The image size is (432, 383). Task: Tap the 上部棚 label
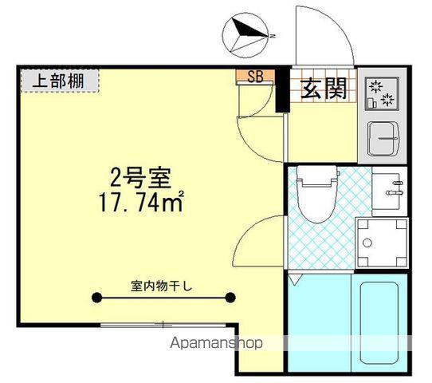click(x=60, y=80)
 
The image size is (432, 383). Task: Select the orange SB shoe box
click(x=255, y=77)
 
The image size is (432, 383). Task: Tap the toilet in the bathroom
click(x=317, y=196)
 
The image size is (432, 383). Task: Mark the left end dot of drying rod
click(x=96, y=298)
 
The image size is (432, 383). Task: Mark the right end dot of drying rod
click(x=230, y=298)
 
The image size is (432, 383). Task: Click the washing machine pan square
click(x=381, y=241)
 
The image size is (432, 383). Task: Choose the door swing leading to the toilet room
click(x=258, y=239)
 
